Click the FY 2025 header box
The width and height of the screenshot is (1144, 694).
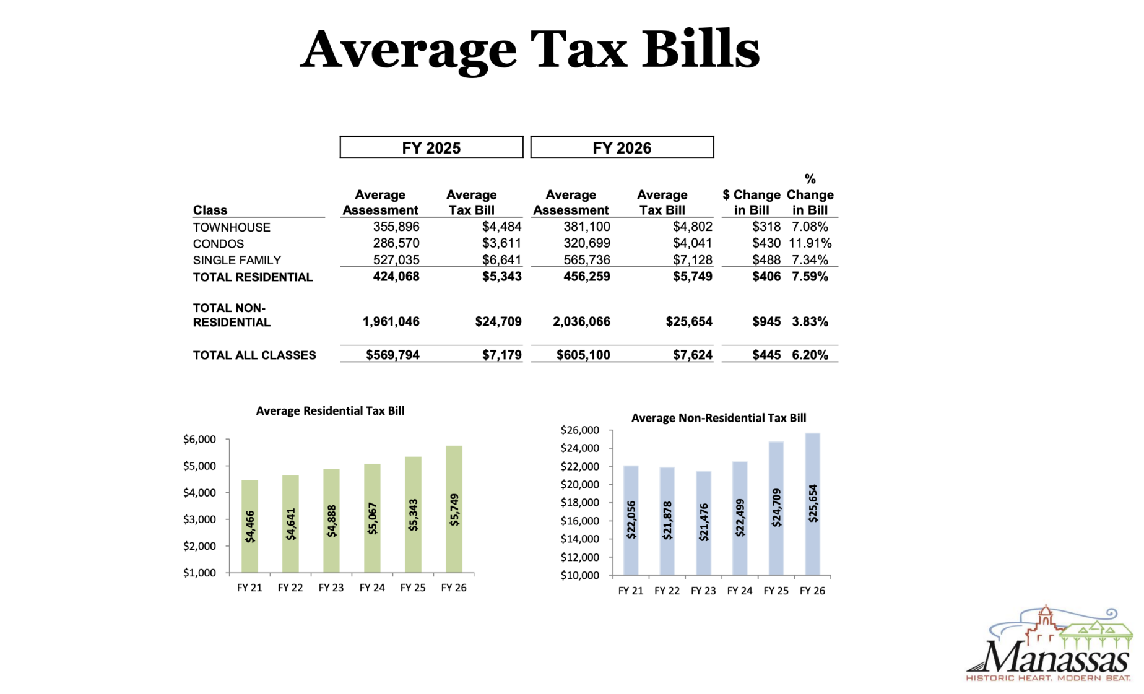[431, 147]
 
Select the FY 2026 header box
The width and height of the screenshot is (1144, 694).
[622, 147]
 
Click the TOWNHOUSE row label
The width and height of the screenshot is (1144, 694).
[232, 227]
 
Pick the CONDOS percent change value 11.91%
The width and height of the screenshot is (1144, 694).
[810, 243]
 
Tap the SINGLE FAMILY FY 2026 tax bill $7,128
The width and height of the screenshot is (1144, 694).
[692, 260]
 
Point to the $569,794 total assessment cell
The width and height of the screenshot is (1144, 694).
[392, 355]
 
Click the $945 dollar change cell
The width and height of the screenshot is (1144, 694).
[766, 321]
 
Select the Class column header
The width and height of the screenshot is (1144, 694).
[210, 210]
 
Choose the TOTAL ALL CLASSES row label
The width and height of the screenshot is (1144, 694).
[254, 355]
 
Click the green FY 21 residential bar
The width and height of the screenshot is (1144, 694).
[249, 526]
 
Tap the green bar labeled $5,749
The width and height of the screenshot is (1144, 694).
[454, 509]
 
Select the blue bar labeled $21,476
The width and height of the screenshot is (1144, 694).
[703, 523]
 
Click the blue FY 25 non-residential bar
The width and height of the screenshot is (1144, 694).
[776, 508]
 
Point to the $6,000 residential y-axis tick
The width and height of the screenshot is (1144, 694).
[199, 440]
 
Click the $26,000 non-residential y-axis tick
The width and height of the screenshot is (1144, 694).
[579, 430]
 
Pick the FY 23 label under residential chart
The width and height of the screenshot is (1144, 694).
[331, 588]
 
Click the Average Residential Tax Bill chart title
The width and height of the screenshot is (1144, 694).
[330, 410]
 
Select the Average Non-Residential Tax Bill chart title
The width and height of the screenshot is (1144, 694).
[718, 418]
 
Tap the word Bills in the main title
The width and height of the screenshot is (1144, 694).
[701, 50]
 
